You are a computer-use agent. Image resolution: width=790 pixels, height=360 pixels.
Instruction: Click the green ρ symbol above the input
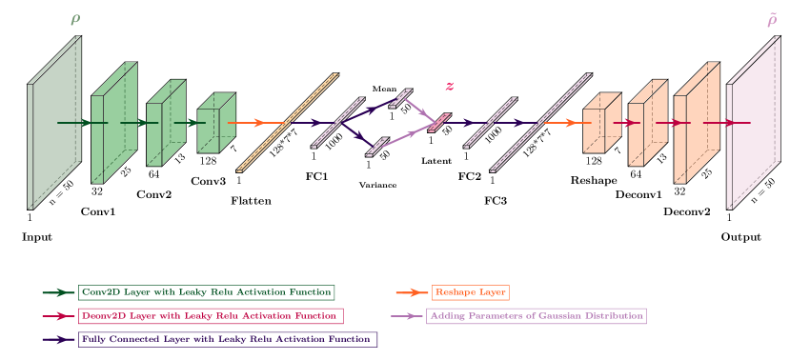click(75, 19)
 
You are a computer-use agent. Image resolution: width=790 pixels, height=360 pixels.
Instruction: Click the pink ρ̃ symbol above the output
click(772, 19)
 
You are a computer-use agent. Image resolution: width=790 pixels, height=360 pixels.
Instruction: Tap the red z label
click(450, 87)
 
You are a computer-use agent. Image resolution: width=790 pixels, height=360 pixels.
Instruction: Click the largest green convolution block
click(111, 124)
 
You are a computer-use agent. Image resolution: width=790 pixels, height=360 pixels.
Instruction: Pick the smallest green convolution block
click(213, 124)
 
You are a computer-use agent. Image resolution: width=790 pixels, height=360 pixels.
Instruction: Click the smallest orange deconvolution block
click(598, 124)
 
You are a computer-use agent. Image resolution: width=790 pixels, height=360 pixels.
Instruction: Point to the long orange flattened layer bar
click(287, 122)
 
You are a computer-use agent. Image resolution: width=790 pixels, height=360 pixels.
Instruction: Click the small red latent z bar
click(438, 123)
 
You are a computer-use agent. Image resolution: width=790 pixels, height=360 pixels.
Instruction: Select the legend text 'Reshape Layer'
click(470, 292)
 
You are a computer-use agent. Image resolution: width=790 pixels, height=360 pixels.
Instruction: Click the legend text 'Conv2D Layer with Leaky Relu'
click(207, 292)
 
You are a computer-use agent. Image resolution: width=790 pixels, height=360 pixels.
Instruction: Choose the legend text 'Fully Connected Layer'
click(228, 338)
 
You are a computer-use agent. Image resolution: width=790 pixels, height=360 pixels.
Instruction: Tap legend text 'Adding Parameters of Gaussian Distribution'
click(536, 315)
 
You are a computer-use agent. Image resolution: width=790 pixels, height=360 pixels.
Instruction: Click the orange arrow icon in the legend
click(410, 292)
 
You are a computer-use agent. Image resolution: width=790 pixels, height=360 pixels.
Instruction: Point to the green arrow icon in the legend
click(59, 292)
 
